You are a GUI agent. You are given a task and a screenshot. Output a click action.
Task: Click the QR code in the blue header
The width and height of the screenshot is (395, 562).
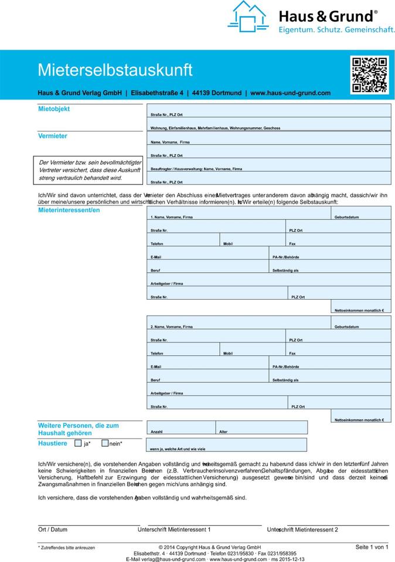click(x=369, y=75)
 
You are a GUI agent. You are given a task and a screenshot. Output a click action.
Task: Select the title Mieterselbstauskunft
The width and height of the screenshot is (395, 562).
click(x=115, y=70)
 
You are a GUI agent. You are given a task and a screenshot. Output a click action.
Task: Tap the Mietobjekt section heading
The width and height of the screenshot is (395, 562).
click(x=53, y=109)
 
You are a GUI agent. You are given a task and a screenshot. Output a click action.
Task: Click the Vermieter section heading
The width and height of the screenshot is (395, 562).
click(x=53, y=136)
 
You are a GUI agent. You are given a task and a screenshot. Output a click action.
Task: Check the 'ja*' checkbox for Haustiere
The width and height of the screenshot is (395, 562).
click(x=78, y=443)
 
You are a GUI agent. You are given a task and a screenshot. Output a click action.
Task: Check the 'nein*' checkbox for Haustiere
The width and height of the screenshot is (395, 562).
click(x=105, y=443)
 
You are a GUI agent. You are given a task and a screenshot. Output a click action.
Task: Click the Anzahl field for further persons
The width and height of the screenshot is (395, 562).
click(x=181, y=428)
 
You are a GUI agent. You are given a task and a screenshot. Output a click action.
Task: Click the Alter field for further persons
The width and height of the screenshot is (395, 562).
click(x=261, y=428)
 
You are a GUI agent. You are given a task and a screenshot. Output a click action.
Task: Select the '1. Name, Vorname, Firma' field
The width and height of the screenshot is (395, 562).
click(x=239, y=214)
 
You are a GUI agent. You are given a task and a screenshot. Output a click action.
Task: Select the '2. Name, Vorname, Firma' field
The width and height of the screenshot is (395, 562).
click(x=239, y=323)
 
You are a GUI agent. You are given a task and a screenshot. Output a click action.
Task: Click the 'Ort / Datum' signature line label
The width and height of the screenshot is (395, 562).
click(x=53, y=530)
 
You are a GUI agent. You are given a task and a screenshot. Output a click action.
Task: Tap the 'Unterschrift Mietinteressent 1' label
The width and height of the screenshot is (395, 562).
click(x=173, y=530)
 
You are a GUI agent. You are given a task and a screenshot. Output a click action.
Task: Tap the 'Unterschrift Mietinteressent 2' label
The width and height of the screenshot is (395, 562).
click(x=302, y=530)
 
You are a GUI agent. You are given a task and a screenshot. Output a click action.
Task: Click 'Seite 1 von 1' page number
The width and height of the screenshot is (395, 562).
click(x=372, y=547)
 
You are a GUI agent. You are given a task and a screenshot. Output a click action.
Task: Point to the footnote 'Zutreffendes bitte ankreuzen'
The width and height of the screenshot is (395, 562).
click(x=67, y=547)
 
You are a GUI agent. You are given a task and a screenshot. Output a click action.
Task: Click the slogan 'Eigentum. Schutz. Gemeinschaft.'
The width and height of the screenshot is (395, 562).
click(x=336, y=29)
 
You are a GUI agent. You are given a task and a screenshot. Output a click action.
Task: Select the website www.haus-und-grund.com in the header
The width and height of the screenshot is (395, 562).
click(x=290, y=93)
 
